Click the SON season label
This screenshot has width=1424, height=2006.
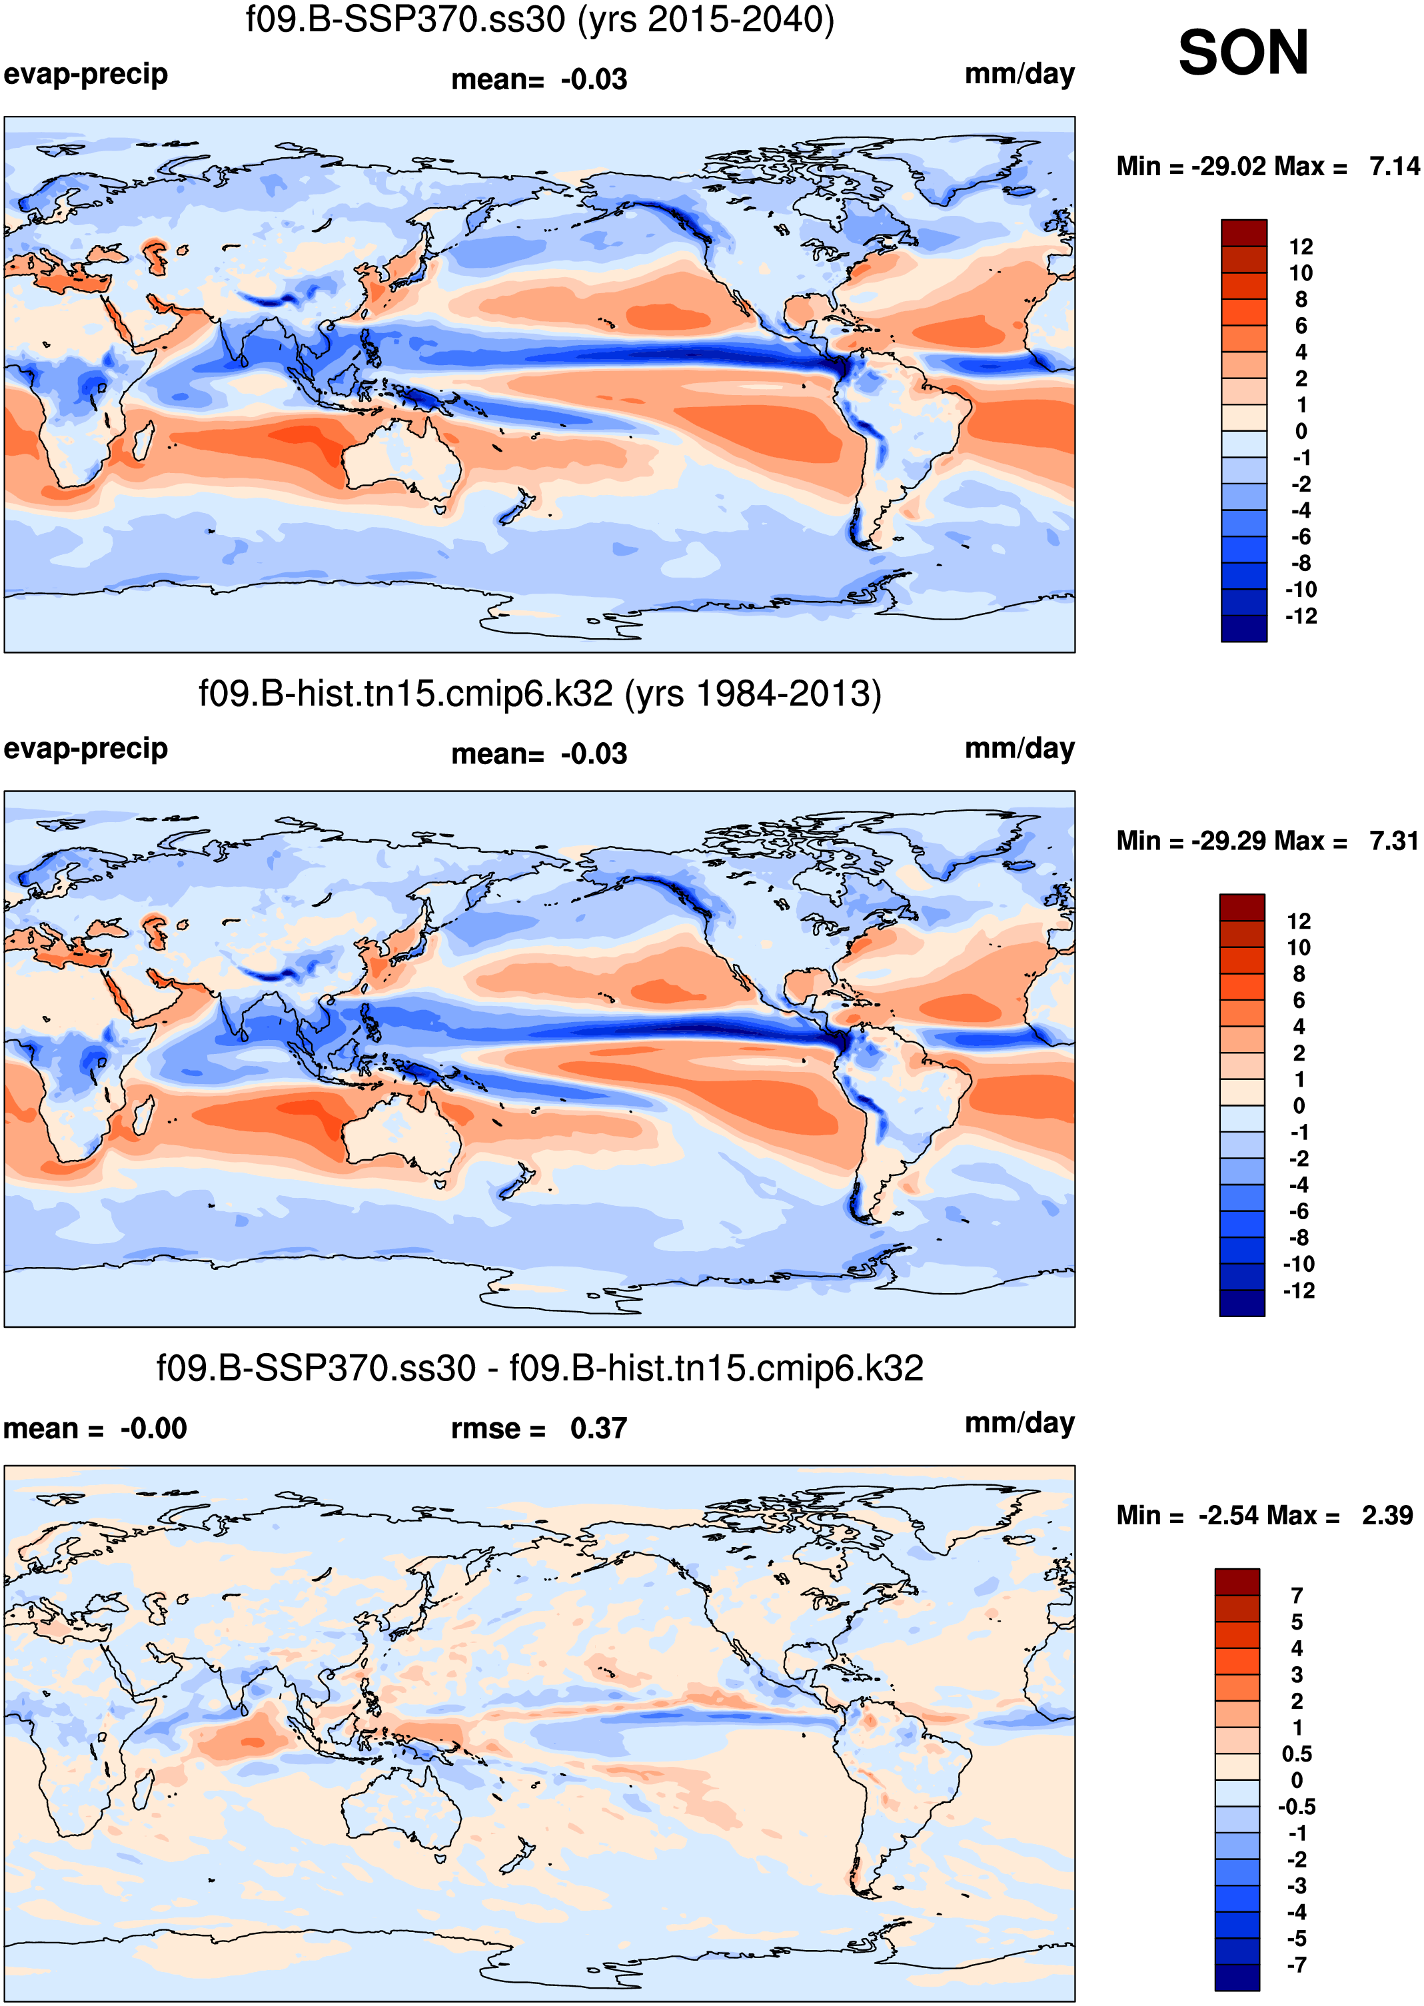(1243, 53)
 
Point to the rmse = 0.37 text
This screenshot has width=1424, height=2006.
(538, 1428)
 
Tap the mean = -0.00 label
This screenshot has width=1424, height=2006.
(95, 1428)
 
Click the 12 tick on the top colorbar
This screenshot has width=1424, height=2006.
(1300, 247)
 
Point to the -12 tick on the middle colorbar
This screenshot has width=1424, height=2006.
(1299, 1290)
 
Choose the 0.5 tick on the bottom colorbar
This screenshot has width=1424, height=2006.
(1296, 1754)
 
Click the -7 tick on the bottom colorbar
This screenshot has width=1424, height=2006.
(1296, 1965)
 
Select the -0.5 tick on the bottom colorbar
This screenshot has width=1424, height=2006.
(1296, 1807)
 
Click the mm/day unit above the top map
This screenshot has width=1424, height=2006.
(1019, 75)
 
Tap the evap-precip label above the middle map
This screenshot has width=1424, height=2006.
(85, 749)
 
